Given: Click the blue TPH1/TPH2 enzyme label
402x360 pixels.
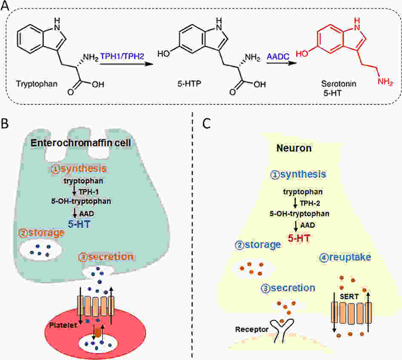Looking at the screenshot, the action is point(122,56).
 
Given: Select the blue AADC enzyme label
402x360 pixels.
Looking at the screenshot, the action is point(278,57).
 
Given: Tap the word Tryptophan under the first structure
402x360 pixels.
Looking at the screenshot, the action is point(37,84).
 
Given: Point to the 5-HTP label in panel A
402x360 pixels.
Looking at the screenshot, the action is point(189,84).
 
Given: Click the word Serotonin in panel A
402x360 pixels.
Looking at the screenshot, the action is point(339,84).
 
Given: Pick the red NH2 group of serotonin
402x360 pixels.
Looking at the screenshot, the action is point(385,82).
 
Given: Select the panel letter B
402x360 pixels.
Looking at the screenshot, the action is point(5,124).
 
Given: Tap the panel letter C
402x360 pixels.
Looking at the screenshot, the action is point(206,124).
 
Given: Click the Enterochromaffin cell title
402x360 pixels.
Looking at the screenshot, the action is point(81,143).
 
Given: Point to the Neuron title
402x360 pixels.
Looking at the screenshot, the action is point(294,148).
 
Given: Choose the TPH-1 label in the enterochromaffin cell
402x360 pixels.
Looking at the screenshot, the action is point(89,192).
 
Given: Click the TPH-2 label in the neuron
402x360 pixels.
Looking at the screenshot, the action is point(310,204).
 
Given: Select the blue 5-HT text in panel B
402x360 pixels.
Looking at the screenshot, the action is point(79,224).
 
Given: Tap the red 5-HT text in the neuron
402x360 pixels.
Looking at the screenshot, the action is point(299,238).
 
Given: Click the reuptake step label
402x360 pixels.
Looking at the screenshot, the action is point(345,257).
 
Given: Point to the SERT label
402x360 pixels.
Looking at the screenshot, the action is point(349,297).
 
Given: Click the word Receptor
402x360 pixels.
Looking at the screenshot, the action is point(252,329).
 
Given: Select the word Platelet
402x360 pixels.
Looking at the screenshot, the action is point(63,325).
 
